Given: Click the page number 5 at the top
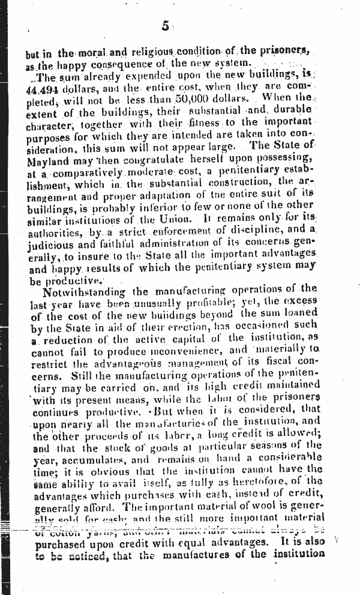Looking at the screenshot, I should point(166,25).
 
